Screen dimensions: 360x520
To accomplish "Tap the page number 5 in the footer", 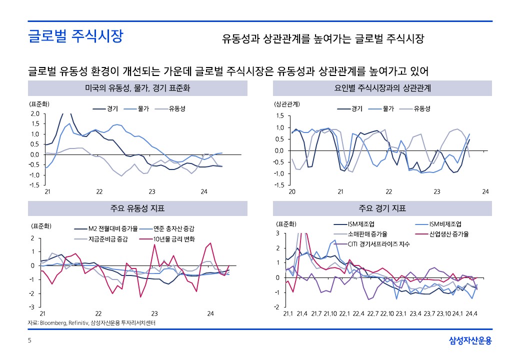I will click(x=29, y=341).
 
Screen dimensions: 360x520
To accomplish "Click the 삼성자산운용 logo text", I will click(x=470, y=341).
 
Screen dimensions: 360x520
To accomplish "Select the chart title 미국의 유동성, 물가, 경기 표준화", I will click(x=137, y=88).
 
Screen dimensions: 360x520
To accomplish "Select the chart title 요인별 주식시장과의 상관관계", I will click(x=382, y=88).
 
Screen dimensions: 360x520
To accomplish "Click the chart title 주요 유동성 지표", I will click(x=137, y=208).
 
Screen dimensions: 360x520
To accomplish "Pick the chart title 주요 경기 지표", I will click(x=382, y=208).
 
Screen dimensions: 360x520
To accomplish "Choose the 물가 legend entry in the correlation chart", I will click(x=389, y=108).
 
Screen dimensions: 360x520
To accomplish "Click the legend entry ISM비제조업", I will click(x=444, y=223).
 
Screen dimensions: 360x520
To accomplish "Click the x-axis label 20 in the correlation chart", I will click(x=292, y=192).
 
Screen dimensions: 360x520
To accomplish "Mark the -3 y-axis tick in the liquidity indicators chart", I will click(x=32, y=306).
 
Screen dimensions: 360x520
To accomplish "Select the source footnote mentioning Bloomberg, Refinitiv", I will click(x=91, y=323).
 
